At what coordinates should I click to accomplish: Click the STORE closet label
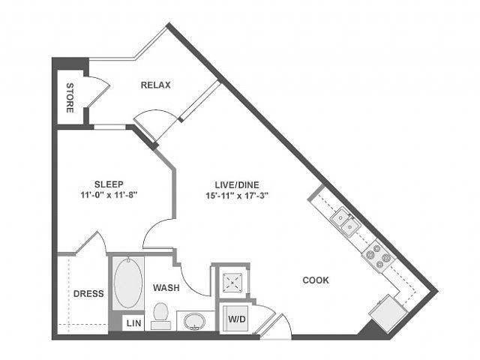[70, 97]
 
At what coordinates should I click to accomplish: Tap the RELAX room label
[155, 85]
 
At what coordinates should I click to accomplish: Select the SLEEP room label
[109, 184]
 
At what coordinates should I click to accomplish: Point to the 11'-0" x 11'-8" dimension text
[109, 195]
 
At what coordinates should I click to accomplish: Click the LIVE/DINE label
[237, 184]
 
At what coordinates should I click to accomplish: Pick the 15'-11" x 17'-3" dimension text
[237, 195]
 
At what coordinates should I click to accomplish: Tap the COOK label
[316, 280]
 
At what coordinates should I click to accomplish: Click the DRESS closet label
[88, 293]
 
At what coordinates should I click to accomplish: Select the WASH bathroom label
[166, 288]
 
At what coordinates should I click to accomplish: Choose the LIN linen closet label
[133, 323]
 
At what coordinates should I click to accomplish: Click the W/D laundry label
[237, 319]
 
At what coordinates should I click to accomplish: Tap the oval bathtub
[128, 283]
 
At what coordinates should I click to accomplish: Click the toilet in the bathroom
[160, 316]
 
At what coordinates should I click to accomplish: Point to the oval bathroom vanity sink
[194, 322]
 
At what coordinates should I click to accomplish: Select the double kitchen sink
[346, 222]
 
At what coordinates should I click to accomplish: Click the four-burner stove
[378, 255]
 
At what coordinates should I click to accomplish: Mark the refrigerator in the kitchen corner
[388, 313]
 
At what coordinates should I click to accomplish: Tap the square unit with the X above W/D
[232, 283]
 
